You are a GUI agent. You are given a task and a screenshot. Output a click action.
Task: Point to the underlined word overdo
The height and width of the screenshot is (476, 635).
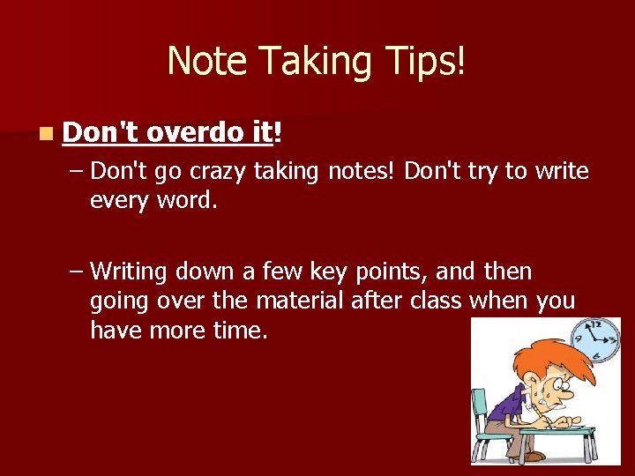pos(195,132)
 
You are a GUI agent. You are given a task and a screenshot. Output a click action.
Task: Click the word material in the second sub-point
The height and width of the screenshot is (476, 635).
pos(299,301)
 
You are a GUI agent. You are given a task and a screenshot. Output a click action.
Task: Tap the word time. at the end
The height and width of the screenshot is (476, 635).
pos(239,331)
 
